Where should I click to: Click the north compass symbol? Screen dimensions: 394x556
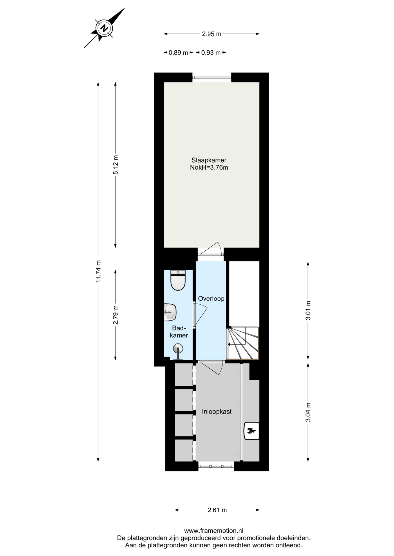tap(104, 28)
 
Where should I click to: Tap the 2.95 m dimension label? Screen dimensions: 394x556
tap(212, 34)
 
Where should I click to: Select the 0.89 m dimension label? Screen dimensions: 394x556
tap(178, 53)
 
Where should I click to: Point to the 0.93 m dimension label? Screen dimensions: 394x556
tap(211, 53)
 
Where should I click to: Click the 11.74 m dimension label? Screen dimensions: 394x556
tap(98, 271)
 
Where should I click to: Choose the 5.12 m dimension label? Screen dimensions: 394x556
tap(115, 165)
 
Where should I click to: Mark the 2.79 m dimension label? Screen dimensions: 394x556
tap(115, 315)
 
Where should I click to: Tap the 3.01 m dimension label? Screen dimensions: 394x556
tap(308, 310)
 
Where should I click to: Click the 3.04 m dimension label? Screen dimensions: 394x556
tap(308, 412)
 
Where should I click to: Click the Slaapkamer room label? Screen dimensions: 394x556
tap(209, 160)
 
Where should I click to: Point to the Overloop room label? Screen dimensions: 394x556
tap(211, 299)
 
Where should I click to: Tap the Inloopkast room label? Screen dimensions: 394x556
tap(217, 411)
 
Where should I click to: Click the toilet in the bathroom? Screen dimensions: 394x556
tap(178, 280)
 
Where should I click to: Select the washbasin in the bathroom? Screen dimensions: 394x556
tap(170, 312)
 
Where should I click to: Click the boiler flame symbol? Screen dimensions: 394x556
tap(251, 431)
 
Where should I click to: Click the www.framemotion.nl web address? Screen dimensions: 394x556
tap(214, 531)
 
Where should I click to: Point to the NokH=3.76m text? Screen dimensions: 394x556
tap(209, 167)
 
